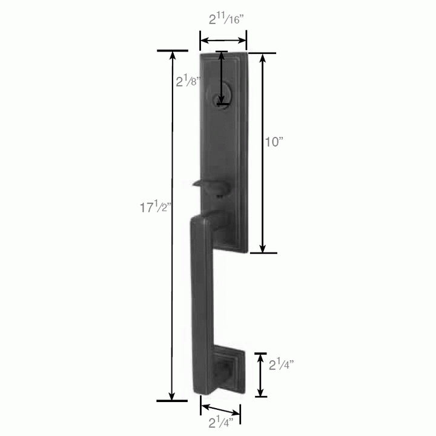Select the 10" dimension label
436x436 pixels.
(x=274, y=142)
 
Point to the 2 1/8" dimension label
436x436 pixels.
(x=188, y=81)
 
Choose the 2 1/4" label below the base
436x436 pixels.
(x=222, y=422)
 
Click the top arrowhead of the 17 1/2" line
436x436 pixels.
(x=173, y=55)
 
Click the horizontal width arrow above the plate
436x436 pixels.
(x=223, y=41)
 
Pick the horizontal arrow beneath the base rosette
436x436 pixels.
(x=220, y=410)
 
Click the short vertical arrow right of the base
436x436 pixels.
(x=260, y=374)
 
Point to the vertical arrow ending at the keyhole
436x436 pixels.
(x=222, y=79)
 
